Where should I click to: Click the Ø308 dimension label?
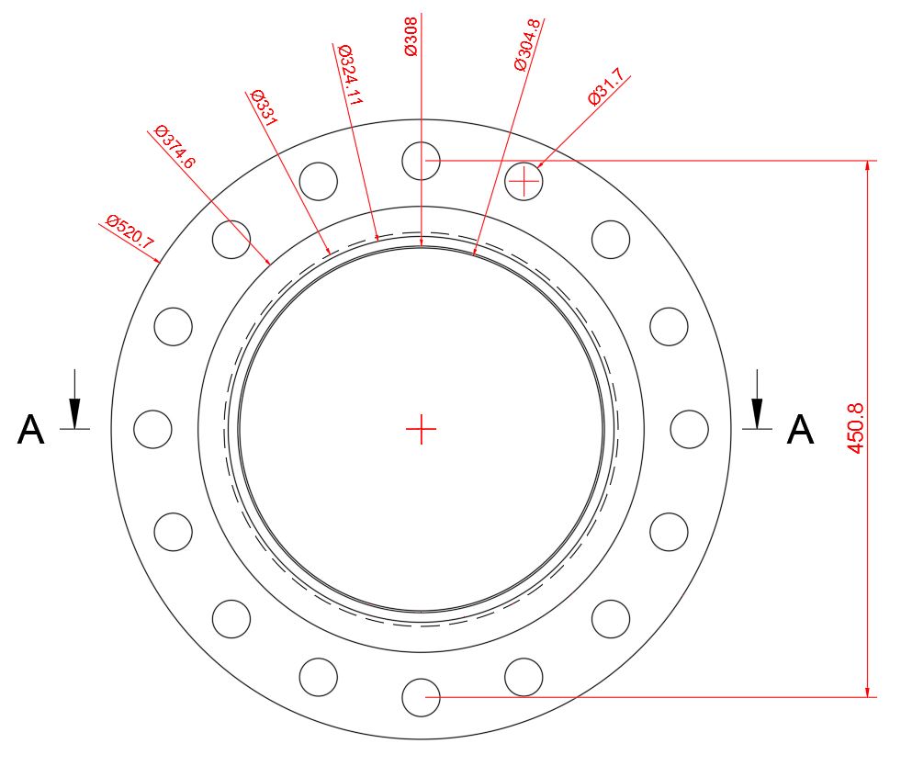(411, 36)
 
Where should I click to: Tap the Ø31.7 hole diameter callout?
(605, 87)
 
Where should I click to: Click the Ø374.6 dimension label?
(175, 148)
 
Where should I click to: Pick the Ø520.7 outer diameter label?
(130, 232)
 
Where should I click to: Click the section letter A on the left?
(30, 430)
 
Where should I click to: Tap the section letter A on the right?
(800, 430)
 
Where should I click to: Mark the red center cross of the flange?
(421, 429)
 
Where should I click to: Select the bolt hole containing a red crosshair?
(524, 182)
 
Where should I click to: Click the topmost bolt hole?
(422, 161)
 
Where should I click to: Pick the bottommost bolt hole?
(422, 697)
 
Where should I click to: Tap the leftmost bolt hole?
(152, 429)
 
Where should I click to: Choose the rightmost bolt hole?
(689, 429)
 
